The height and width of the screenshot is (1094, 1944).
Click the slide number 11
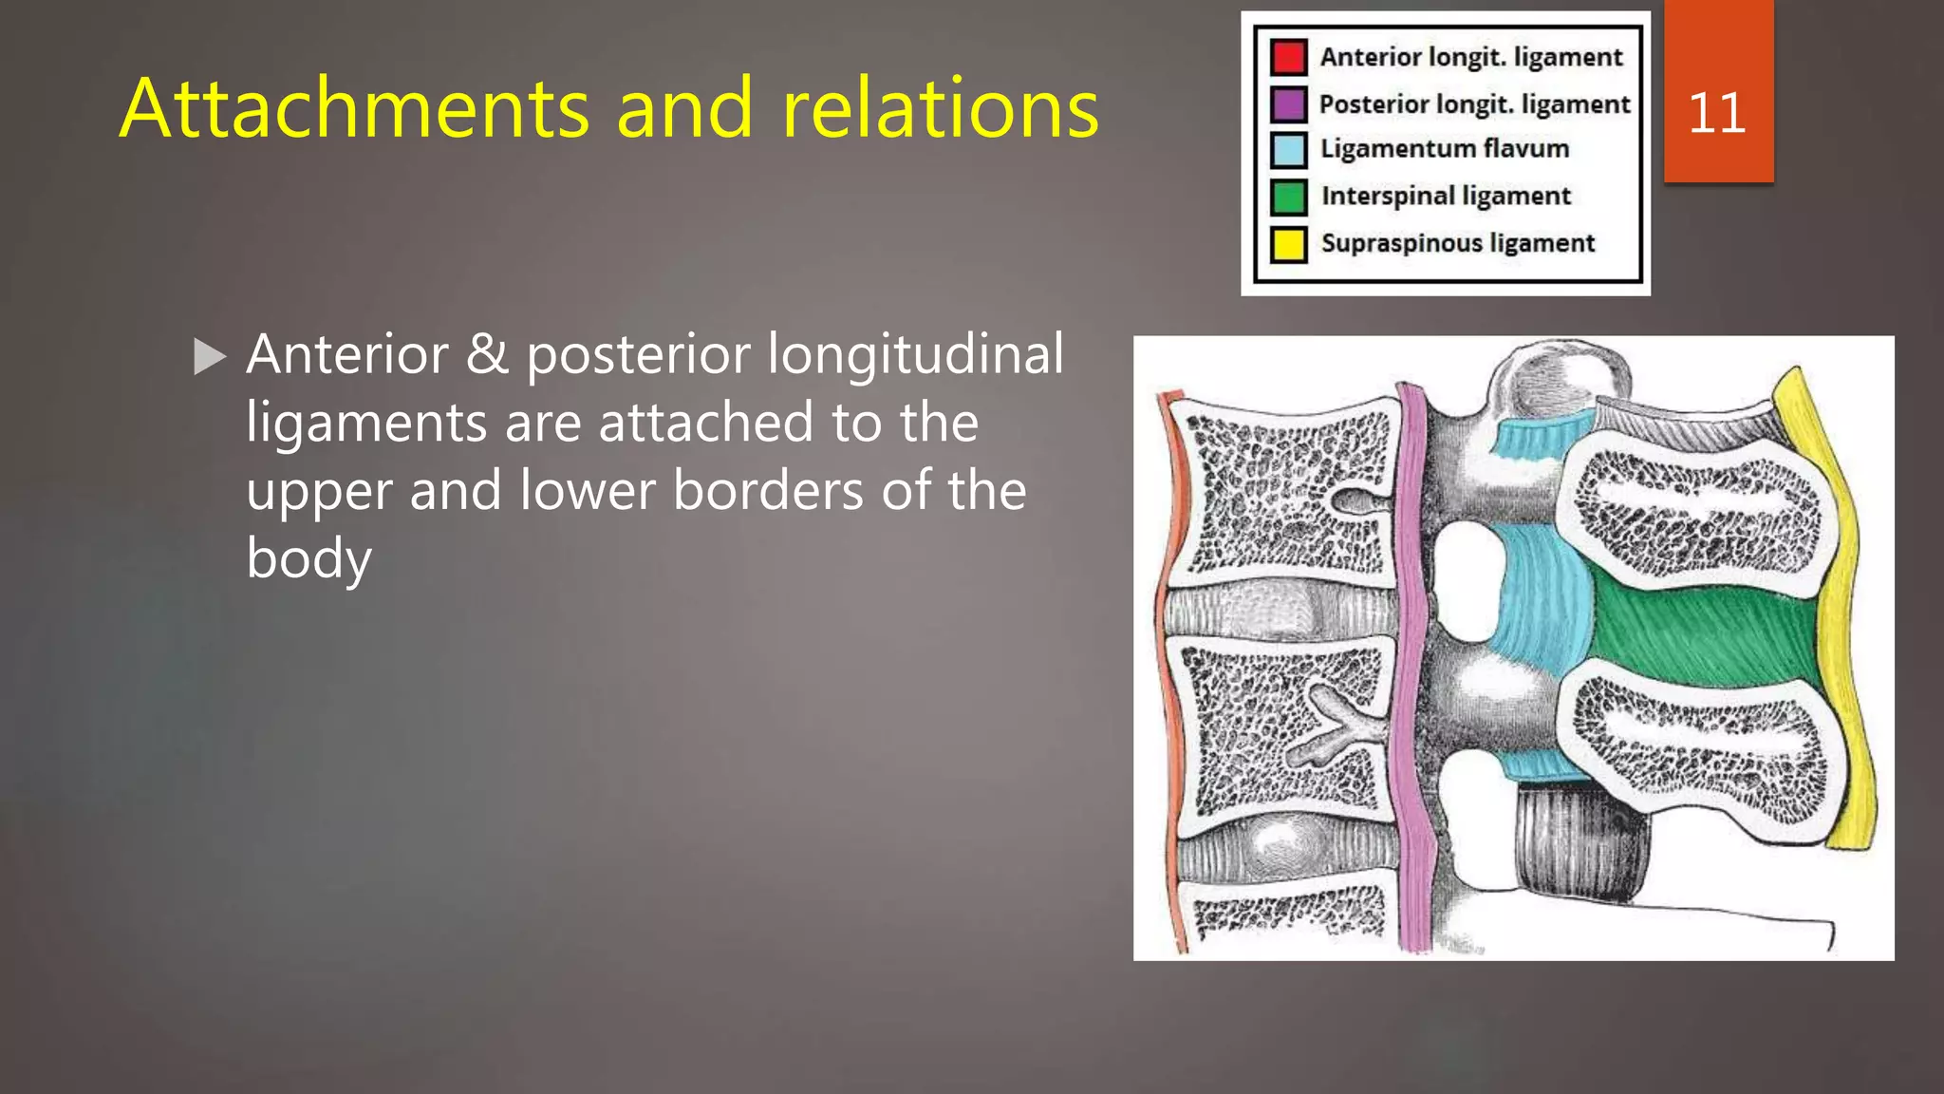click(1716, 113)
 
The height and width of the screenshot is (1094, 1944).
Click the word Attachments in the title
click(356, 109)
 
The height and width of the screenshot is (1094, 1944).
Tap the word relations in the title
click(940, 109)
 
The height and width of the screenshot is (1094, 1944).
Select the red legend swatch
click(1289, 57)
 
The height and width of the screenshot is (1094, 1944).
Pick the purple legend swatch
click(1289, 104)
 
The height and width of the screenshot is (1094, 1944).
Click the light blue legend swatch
click(1289, 150)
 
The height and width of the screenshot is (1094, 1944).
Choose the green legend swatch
click(1289, 197)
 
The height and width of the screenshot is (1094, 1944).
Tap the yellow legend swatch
click(1289, 243)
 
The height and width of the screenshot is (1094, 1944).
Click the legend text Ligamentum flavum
click(1445, 149)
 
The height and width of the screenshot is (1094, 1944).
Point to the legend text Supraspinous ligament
click(1457, 243)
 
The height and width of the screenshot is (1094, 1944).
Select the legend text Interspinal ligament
click(1446, 196)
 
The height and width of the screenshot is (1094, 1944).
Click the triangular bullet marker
click(209, 357)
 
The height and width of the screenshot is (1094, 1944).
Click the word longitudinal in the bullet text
click(915, 355)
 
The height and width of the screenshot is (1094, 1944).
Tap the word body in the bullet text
click(308, 559)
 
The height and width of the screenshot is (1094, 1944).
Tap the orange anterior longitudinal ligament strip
click(1171, 665)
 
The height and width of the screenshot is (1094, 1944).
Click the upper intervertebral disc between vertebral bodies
click(1281, 610)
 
